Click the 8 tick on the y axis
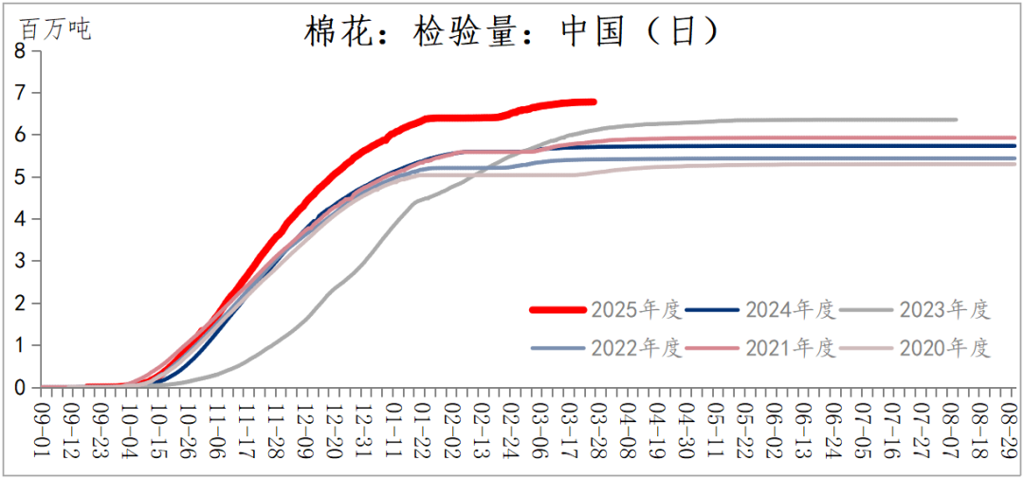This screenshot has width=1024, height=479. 20,51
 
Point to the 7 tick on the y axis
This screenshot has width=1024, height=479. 20,93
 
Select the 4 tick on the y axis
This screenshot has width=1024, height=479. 20,219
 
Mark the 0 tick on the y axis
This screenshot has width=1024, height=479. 20,388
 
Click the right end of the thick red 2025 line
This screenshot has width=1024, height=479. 594,101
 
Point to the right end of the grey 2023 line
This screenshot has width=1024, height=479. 956,120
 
